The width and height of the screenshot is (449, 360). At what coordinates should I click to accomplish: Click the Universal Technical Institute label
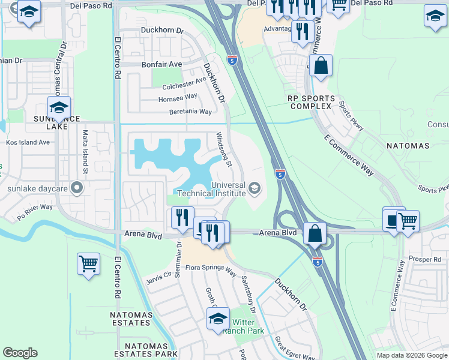(x=228, y=188)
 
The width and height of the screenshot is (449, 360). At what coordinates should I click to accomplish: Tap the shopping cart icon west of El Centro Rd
(x=88, y=263)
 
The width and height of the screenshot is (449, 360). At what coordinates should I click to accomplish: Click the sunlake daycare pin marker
(x=76, y=189)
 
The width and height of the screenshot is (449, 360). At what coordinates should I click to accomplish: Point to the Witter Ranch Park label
(x=244, y=326)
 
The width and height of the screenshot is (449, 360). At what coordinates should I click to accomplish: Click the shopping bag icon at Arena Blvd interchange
(x=315, y=233)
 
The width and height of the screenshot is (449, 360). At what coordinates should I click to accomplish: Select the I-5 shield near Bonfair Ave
(x=232, y=60)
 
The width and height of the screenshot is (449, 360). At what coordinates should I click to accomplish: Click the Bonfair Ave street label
(x=161, y=64)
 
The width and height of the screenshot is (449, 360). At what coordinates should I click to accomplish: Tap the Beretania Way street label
(x=190, y=112)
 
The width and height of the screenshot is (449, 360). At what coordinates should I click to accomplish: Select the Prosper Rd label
(x=428, y=259)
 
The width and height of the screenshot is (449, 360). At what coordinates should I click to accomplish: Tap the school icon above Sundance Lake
(x=59, y=107)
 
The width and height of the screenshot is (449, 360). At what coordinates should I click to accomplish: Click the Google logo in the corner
(x=20, y=353)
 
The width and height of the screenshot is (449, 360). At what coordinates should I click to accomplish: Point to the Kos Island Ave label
(x=28, y=143)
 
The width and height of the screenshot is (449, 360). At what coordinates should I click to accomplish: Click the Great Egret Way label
(x=295, y=349)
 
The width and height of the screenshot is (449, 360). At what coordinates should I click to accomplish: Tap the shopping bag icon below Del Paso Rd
(x=321, y=65)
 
